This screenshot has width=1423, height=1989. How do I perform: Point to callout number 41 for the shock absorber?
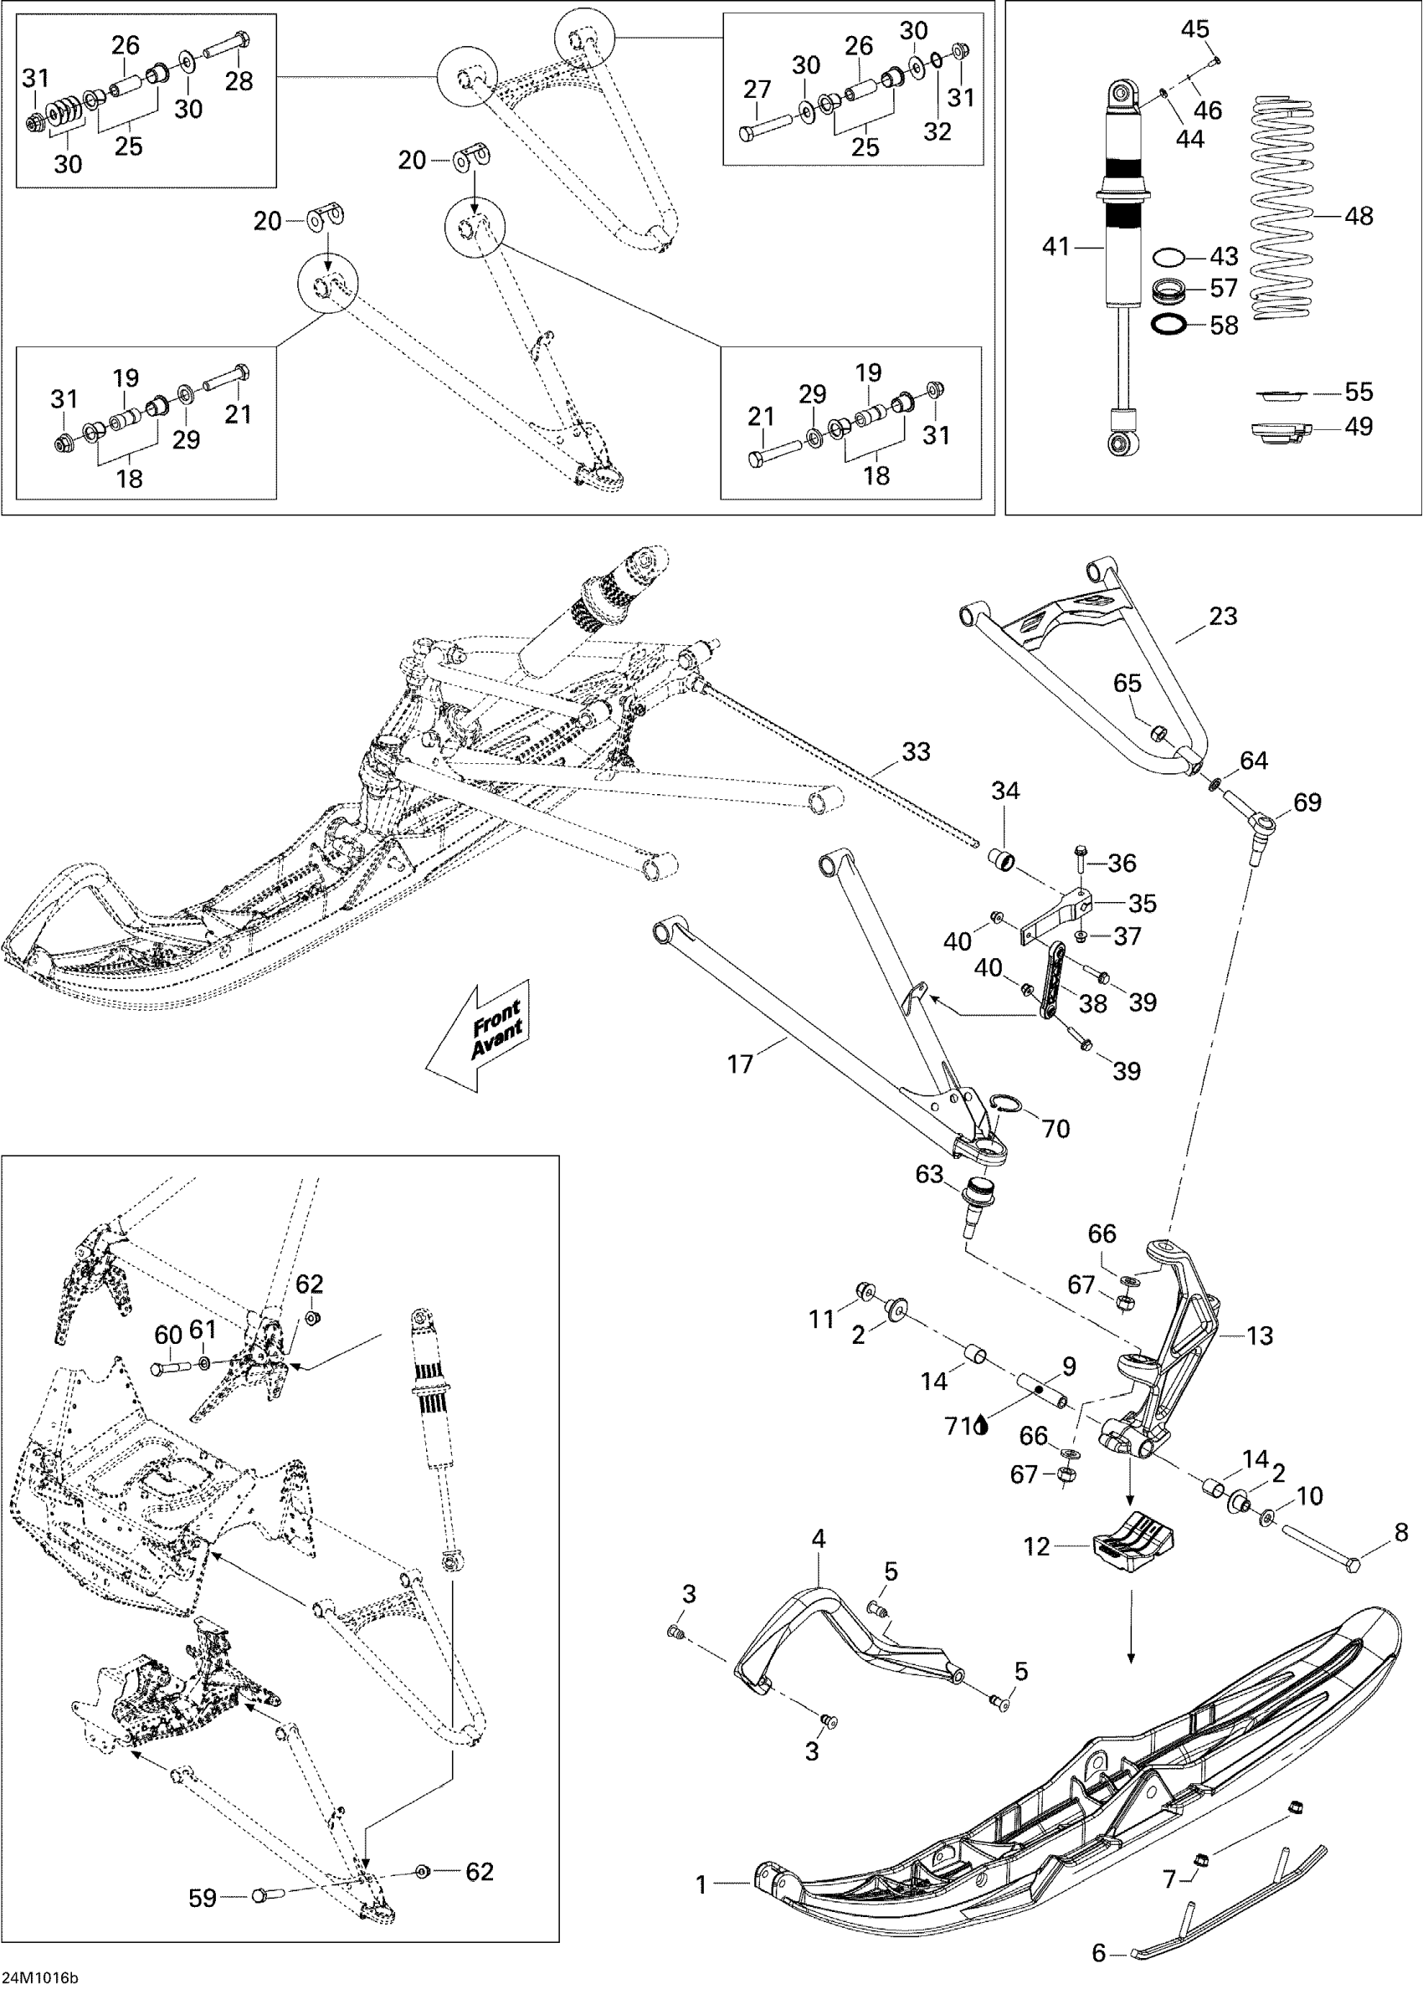click(x=1056, y=247)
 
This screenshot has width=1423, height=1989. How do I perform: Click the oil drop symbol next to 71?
click(x=981, y=1427)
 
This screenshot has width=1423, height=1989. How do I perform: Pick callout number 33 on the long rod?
click(x=916, y=751)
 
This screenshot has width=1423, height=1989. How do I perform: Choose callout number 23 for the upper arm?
click(x=1223, y=617)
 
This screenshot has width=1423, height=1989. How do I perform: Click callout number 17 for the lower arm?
click(x=741, y=1064)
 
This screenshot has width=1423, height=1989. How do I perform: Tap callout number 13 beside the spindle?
click(x=1259, y=1335)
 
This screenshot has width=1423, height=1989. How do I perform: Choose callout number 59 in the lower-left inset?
click(x=203, y=1892)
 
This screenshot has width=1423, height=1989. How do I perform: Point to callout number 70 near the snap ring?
click(x=1056, y=1129)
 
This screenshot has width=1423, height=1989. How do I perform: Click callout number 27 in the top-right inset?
click(x=757, y=90)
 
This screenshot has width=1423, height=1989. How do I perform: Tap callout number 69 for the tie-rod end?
click(x=1307, y=802)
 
